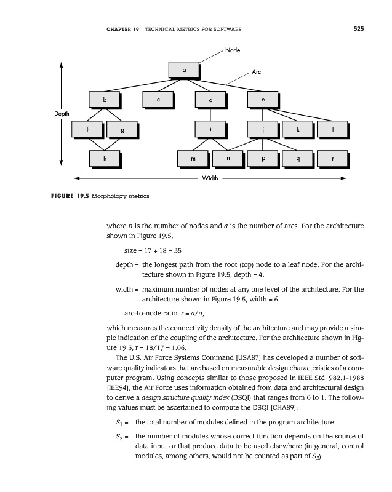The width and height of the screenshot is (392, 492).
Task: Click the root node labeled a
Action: tap(183, 69)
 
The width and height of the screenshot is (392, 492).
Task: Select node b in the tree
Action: tap(105, 99)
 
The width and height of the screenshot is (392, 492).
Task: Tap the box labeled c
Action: tap(158, 99)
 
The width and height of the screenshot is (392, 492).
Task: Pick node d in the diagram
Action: tap(210, 99)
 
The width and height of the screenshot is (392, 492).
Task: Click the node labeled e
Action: tap(263, 99)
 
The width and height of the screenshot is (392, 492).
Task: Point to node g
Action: tap(122, 130)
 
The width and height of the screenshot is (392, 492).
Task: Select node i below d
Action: tap(210, 129)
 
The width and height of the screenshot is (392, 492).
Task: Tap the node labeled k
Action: tap(298, 129)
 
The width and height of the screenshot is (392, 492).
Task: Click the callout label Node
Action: tap(233, 49)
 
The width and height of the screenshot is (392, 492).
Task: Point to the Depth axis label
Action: tap(61, 114)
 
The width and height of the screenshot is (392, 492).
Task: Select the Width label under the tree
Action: tap(210, 179)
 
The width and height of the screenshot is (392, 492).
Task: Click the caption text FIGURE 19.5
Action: tap(68, 196)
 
